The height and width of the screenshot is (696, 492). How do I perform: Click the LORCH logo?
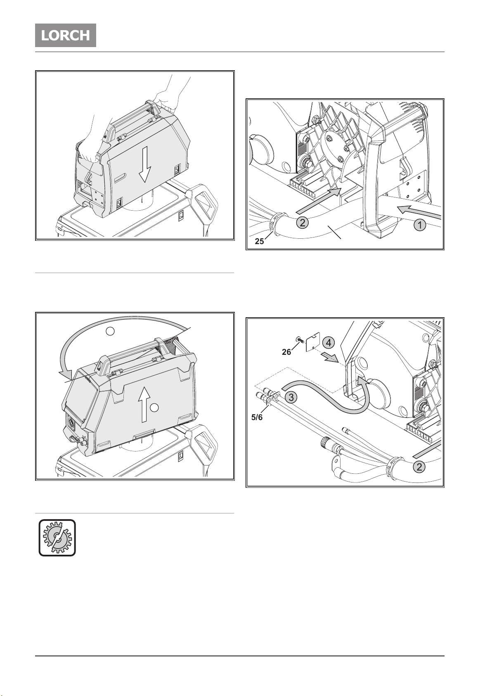coord(66,36)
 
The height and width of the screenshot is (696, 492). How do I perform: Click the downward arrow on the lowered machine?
coord(144,164)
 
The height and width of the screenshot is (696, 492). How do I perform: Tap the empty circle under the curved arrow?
coord(110,331)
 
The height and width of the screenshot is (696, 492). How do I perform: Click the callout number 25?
coord(260,241)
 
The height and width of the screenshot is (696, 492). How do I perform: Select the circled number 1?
coord(420,225)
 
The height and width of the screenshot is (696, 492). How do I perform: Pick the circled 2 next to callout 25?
coord(303,223)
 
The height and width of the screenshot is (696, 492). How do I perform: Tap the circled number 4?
coord(329,343)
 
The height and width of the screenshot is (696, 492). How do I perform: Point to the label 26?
coord(286,352)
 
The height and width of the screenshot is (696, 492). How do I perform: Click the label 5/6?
coord(257,417)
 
